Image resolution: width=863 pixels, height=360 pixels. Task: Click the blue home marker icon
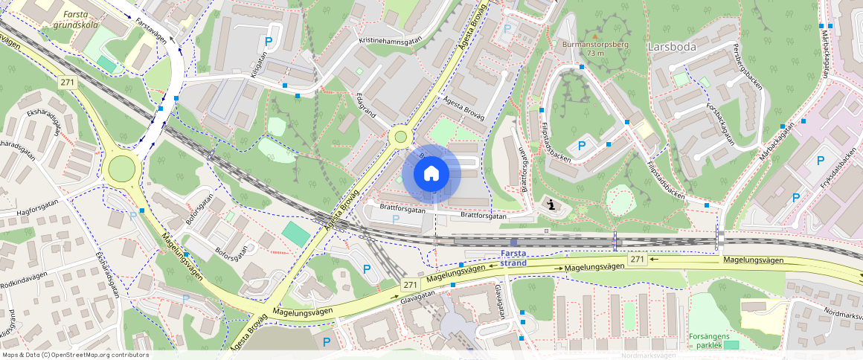pyautogui.click(x=431, y=174)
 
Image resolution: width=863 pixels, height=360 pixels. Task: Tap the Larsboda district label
pyautogui.click(x=672, y=46)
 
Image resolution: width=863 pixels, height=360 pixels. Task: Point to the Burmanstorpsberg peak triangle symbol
pyautogui.click(x=594, y=35)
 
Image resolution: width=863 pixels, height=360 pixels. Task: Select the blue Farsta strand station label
pyautogui.click(x=513, y=258)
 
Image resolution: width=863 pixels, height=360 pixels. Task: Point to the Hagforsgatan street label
pyautogui.click(x=30, y=208)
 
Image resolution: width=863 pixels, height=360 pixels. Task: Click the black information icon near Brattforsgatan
pyautogui.click(x=551, y=205)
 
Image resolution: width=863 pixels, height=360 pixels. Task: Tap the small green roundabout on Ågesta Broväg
pyautogui.click(x=401, y=137)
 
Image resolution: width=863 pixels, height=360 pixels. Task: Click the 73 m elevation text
pyautogui.click(x=594, y=54)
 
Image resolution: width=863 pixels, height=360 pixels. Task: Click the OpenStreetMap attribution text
pyautogui.click(x=74, y=355)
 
